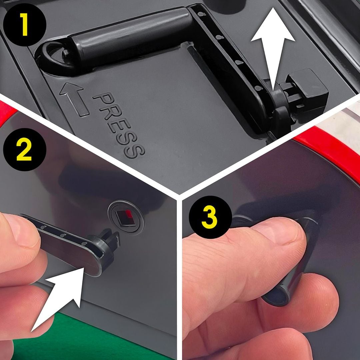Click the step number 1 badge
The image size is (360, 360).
25,24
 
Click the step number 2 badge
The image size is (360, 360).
25,149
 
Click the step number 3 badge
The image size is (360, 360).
210,217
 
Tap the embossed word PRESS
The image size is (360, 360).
119,125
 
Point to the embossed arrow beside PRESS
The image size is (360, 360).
74,99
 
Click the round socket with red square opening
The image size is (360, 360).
126,217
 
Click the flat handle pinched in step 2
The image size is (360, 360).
69,246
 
